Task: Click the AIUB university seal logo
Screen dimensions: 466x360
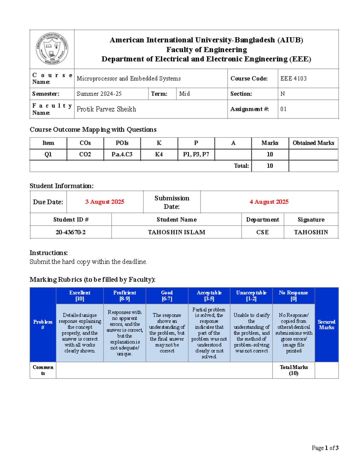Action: pyautogui.click(x=52, y=49)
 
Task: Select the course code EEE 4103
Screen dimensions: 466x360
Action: pyautogui.click(x=293, y=79)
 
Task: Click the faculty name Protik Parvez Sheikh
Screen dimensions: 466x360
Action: pyautogui.click(x=106, y=109)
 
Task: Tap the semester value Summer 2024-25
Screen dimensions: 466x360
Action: pyautogui.click(x=99, y=94)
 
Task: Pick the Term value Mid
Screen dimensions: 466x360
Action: pyautogui.click(x=184, y=94)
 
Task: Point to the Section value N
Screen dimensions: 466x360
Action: pyautogui.click(x=282, y=94)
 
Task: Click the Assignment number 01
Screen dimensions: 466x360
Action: pyautogui.click(x=283, y=109)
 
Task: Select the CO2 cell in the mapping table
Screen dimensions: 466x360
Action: pyautogui.click(x=85, y=155)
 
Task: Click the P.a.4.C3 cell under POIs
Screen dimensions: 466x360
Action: pyautogui.click(x=122, y=155)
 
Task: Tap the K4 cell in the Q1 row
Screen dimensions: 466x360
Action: pyautogui.click(x=159, y=155)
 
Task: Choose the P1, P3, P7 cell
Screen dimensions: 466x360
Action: pyautogui.click(x=196, y=155)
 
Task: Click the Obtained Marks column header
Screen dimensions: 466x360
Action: pyautogui.click(x=313, y=143)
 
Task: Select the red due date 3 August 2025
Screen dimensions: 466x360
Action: pyautogui.click(x=105, y=202)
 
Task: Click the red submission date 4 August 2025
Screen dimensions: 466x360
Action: pyautogui.click(x=269, y=202)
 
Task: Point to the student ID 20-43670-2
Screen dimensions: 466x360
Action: pyautogui.click(x=70, y=232)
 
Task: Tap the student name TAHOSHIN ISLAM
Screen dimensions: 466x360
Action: pyautogui.click(x=176, y=232)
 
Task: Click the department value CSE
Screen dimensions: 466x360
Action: pyautogui.click(x=262, y=232)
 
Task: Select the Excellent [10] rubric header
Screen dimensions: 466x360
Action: pyautogui.click(x=79, y=296)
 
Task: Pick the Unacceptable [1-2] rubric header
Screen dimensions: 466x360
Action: pyautogui.click(x=251, y=296)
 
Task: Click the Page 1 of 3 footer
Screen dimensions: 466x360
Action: pyautogui.click(x=325, y=448)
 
